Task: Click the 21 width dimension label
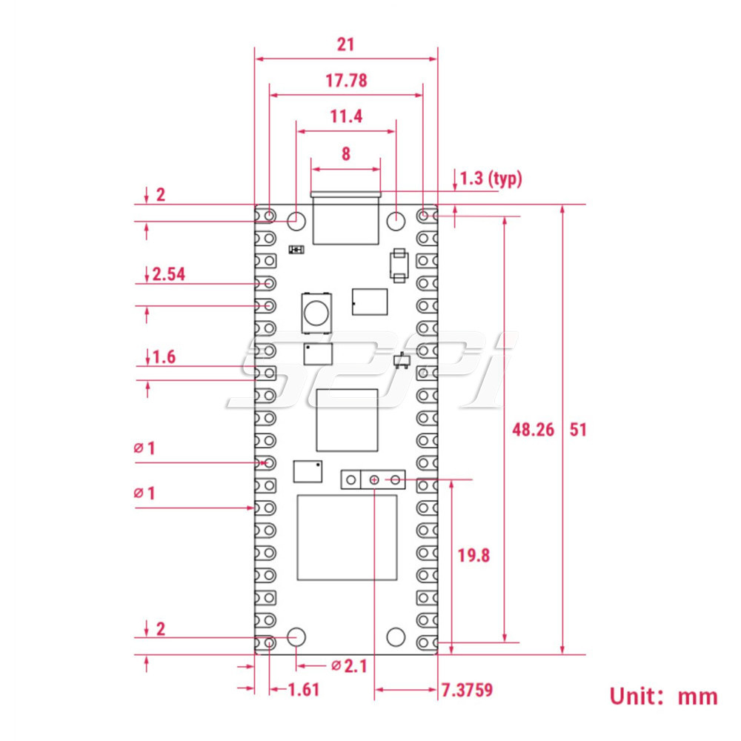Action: (346, 44)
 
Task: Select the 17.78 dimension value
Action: (346, 81)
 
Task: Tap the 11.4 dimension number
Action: (346, 116)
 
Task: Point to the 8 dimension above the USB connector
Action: (346, 153)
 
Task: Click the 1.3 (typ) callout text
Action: (491, 179)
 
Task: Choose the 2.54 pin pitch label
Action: (169, 274)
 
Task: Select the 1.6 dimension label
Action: (164, 357)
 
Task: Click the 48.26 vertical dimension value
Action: (533, 430)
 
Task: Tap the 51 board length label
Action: (578, 430)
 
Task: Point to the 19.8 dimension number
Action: (473, 555)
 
